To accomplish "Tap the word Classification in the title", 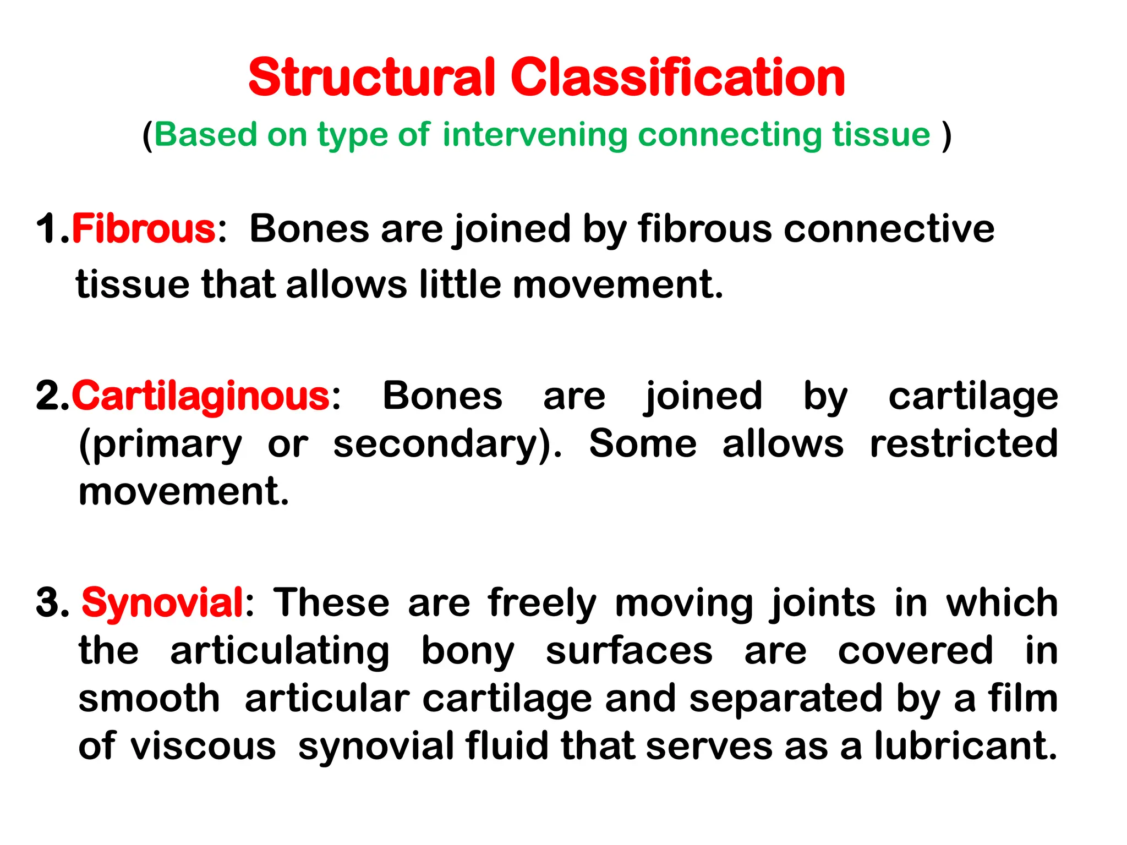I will [677, 78].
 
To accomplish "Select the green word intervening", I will [534, 135].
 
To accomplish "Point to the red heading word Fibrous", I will [144, 229].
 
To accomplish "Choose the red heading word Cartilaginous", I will [201, 396].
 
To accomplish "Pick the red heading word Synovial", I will [162, 602].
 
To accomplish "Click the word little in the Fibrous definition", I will [459, 284].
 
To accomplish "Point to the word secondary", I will [440, 445].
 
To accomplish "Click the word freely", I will [542, 603].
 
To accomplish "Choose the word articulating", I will [280, 652].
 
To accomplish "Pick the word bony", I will [468, 652].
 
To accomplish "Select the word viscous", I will [203, 747].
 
